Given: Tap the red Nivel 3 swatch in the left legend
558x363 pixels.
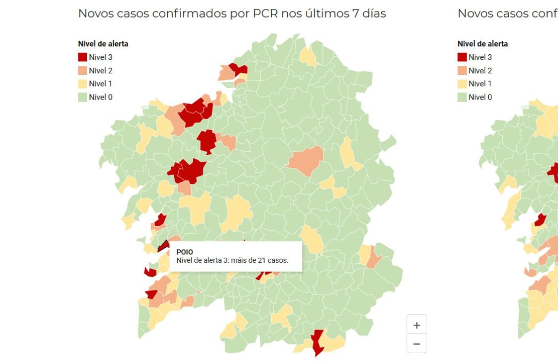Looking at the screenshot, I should click(x=83, y=57).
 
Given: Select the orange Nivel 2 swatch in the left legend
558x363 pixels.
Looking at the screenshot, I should click(x=83, y=71).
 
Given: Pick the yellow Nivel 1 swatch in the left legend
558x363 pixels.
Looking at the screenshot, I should click(x=83, y=84).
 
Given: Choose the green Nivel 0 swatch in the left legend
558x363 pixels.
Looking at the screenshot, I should click(x=83, y=97).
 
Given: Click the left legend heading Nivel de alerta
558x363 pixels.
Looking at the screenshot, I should click(x=103, y=44).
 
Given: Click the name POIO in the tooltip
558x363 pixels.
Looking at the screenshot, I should click(x=184, y=252).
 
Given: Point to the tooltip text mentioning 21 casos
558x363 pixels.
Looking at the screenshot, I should click(x=232, y=261).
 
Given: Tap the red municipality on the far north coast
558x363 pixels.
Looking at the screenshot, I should click(x=238, y=69).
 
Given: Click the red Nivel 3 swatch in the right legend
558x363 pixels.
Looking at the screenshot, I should click(x=462, y=57).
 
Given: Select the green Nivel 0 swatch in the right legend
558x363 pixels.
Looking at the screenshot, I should click(x=462, y=97).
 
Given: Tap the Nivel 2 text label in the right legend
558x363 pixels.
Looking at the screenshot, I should click(x=480, y=71).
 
